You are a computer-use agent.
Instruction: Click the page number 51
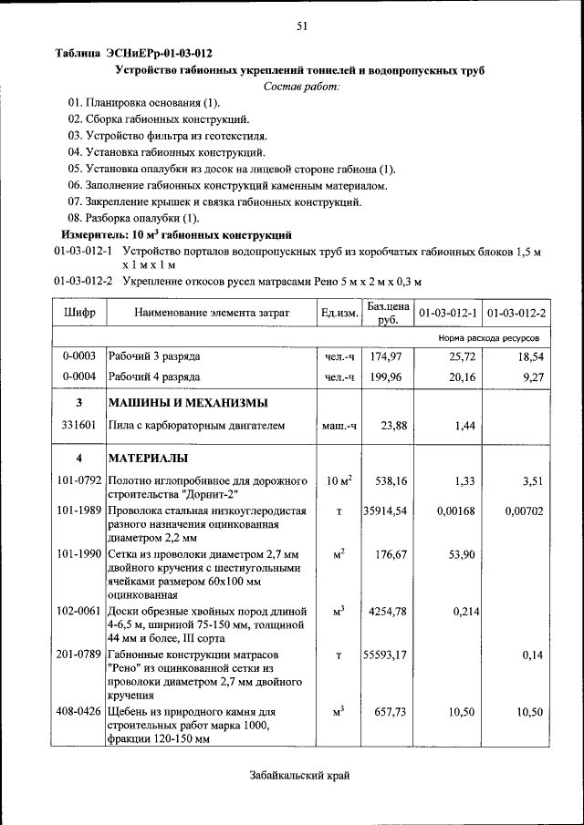[300, 27]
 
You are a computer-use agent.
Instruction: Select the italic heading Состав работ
[301, 86]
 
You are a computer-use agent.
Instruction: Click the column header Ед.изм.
[339, 314]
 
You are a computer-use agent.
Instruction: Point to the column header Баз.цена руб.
[387, 313]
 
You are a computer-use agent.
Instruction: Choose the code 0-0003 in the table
[79, 356]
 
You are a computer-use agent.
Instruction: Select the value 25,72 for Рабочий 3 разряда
[462, 356]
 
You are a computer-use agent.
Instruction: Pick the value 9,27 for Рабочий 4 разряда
[530, 376]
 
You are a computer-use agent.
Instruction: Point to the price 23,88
[393, 425]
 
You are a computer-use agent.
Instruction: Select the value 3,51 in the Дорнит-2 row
[530, 480]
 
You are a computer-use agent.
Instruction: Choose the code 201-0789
[78, 654]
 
